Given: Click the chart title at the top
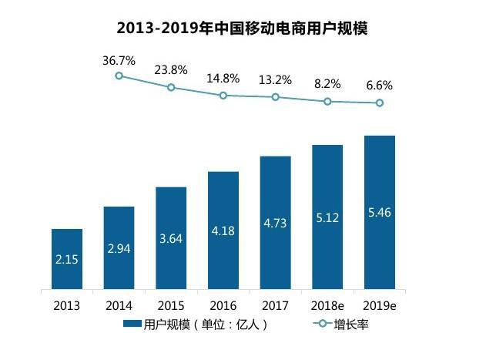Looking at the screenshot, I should (243, 29).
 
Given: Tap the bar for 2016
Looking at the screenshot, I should (223, 231).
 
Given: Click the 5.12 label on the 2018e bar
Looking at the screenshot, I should (327, 218).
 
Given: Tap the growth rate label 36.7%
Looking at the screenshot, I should (119, 59).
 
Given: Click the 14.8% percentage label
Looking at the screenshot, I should (223, 78).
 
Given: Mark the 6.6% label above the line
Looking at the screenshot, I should (379, 86).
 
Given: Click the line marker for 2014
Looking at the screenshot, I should (119, 76).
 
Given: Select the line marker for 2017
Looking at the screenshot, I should (275, 97).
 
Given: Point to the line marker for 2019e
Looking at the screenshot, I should (379, 103).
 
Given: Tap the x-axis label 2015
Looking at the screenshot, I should (171, 304).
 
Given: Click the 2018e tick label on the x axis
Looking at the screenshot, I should (327, 304).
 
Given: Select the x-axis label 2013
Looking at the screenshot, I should (67, 304).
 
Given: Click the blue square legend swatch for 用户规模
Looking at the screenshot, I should (132, 325).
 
